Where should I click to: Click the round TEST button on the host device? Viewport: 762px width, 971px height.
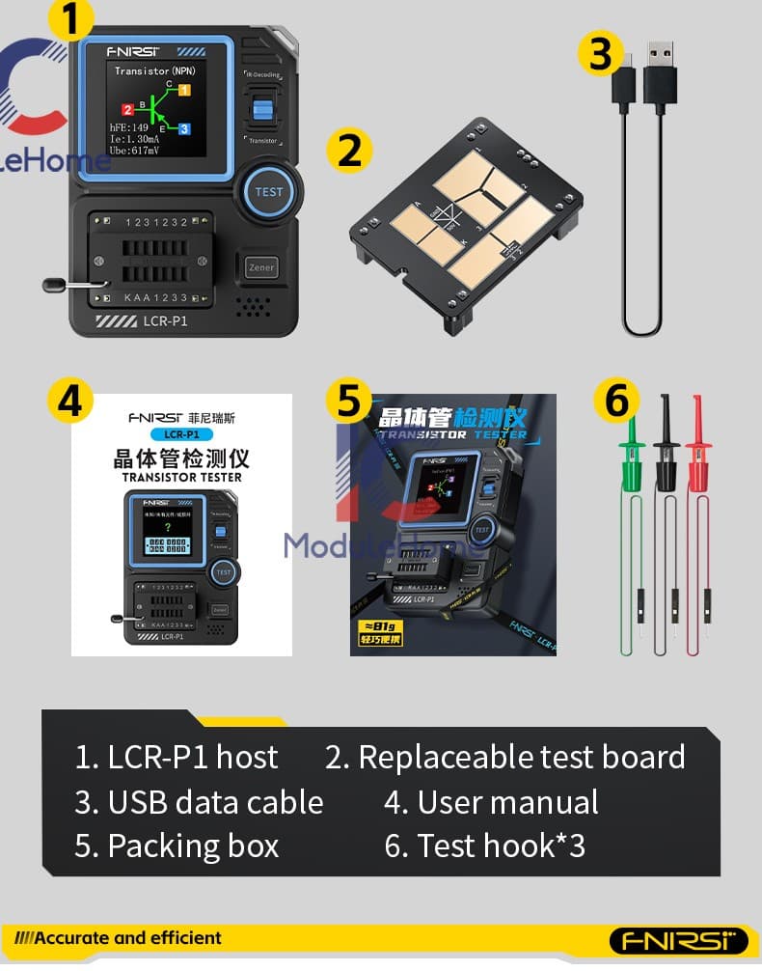tap(268, 190)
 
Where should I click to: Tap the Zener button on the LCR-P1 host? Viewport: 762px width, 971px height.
tap(261, 267)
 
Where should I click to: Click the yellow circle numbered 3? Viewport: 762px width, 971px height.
tap(601, 53)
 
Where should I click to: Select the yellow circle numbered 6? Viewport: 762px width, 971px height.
tap(616, 400)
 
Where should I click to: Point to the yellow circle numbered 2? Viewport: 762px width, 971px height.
tap(350, 151)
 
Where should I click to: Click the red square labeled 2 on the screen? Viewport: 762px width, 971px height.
tap(127, 110)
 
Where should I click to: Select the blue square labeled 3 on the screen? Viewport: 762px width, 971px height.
tap(184, 128)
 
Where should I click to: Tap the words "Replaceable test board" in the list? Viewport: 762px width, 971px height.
tap(521, 758)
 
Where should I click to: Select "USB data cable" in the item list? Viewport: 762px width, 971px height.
tap(215, 802)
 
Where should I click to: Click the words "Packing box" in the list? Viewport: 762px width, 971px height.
tap(193, 846)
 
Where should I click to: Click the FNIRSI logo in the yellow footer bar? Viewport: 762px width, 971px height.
tap(678, 940)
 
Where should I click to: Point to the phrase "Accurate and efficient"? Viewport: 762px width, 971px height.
tap(127, 937)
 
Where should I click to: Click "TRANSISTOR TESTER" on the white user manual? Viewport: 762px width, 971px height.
tap(181, 477)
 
